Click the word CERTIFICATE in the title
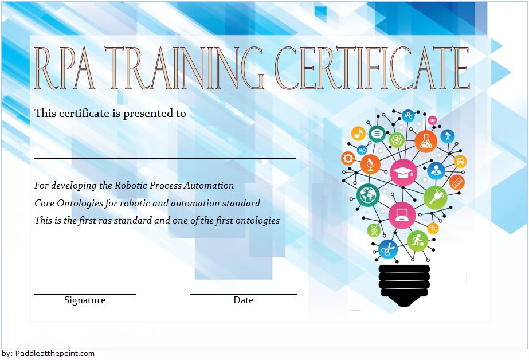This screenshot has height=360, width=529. pyautogui.click(x=372, y=68)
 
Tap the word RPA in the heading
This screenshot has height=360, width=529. pyautogui.click(x=64, y=68)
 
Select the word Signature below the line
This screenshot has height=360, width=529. pyautogui.click(x=85, y=300)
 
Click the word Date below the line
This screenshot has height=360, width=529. pyautogui.click(x=243, y=300)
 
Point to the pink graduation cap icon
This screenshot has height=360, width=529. pyautogui.click(x=403, y=173)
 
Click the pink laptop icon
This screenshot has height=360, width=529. pyautogui.click(x=402, y=216)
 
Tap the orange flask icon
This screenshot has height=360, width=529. pyautogui.click(x=426, y=142)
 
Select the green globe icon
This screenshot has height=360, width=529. pyautogui.click(x=368, y=195)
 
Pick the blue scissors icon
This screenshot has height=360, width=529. pyautogui.click(x=388, y=249)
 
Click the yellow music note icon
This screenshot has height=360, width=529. pyautogui.click(x=358, y=134)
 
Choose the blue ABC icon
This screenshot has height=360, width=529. pyautogui.click(x=408, y=116)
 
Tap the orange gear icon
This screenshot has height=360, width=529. pyautogui.click(x=348, y=158)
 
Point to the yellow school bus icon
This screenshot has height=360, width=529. pyautogui.click(x=460, y=161)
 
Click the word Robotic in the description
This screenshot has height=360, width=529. pyautogui.click(x=131, y=185)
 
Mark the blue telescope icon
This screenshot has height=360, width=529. pyautogui.click(x=448, y=136)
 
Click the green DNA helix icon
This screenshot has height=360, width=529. pyautogui.click(x=374, y=230)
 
